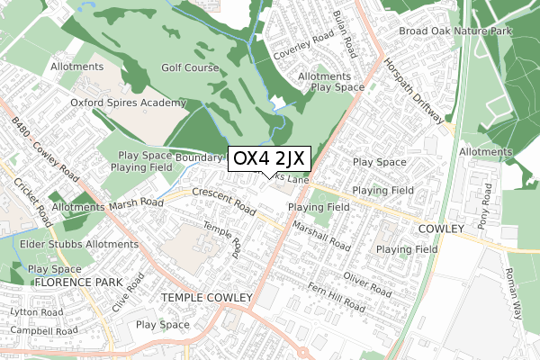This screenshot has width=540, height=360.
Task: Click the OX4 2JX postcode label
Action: click(x=270, y=159)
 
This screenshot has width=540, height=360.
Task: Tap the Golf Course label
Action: click(x=190, y=67)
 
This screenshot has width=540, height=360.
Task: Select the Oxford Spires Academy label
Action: click(x=129, y=103)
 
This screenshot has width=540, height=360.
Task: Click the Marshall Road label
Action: click(x=320, y=237)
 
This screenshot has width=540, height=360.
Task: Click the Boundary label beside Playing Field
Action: click(x=197, y=157)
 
